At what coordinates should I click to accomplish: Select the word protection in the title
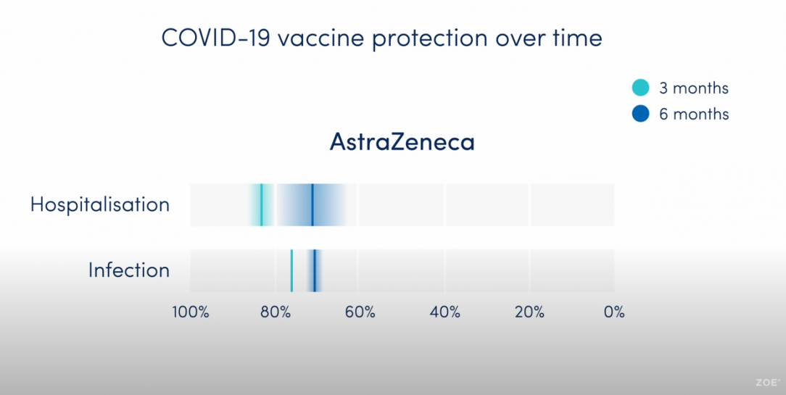(x=429, y=40)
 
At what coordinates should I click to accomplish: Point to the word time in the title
(x=577, y=38)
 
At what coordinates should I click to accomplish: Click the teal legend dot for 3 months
(x=641, y=88)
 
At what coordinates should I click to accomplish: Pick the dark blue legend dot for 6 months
(x=641, y=114)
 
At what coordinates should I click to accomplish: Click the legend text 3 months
(x=694, y=88)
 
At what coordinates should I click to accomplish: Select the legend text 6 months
(x=694, y=115)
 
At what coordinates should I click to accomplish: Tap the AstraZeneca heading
(x=402, y=142)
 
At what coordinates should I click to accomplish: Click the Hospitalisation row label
(x=100, y=205)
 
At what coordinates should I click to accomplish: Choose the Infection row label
(x=129, y=270)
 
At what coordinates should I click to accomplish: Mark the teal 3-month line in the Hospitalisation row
(x=261, y=204)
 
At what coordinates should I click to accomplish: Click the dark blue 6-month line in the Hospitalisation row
(x=313, y=204)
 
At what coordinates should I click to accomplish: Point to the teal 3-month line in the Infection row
(x=291, y=270)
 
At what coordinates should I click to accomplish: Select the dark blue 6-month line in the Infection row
(x=314, y=270)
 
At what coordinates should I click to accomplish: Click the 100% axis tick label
(x=191, y=312)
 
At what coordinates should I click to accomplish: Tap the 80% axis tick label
(x=276, y=312)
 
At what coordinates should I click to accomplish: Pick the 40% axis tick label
(x=444, y=312)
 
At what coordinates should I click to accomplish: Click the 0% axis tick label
(x=615, y=312)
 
